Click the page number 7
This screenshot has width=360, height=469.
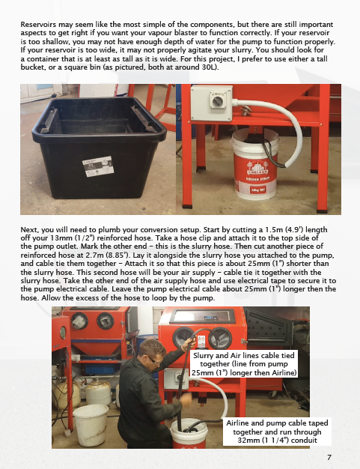tap(329, 457)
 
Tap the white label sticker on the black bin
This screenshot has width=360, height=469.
tap(98, 166)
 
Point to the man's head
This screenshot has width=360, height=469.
tap(151, 352)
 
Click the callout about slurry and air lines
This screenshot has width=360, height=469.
tap(244, 364)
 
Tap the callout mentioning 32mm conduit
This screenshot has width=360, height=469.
tap(277, 432)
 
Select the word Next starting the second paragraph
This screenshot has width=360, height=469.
tap(29, 230)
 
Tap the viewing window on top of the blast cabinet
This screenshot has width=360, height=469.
tap(202, 316)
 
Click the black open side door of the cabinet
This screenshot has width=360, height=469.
tap(268, 327)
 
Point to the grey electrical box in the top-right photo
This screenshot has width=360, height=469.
tap(212, 103)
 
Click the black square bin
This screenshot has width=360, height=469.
tap(99, 147)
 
